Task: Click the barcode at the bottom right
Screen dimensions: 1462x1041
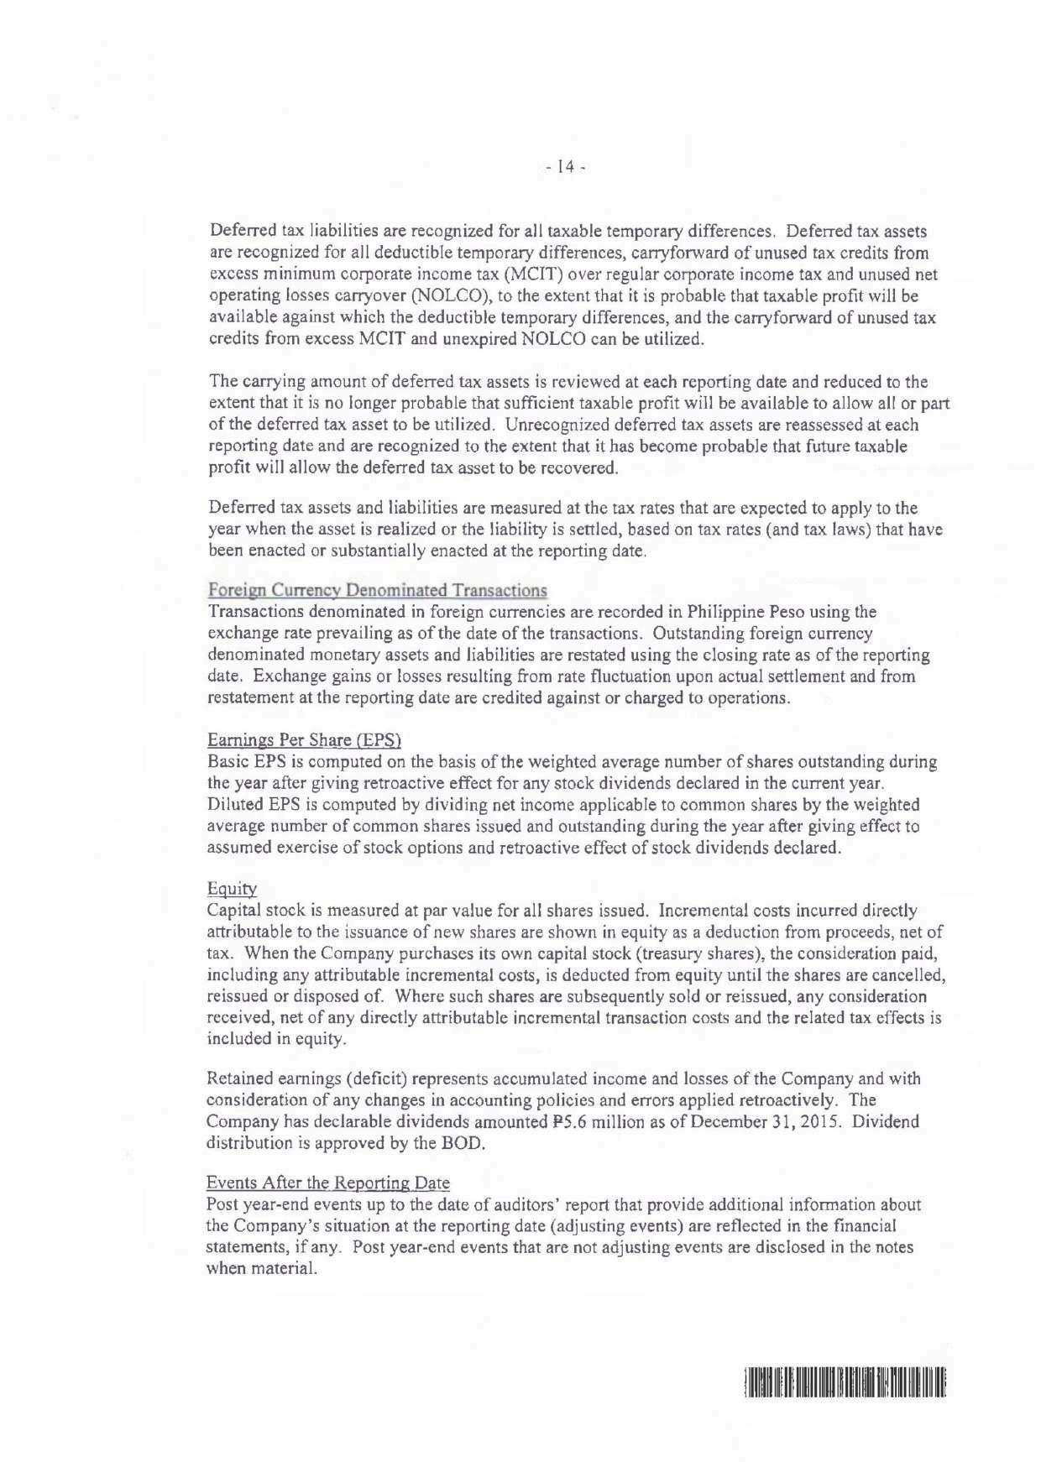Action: (845, 1381)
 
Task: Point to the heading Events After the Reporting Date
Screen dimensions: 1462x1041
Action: (327, 1183)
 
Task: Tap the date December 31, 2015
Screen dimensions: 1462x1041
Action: (760, 1122)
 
